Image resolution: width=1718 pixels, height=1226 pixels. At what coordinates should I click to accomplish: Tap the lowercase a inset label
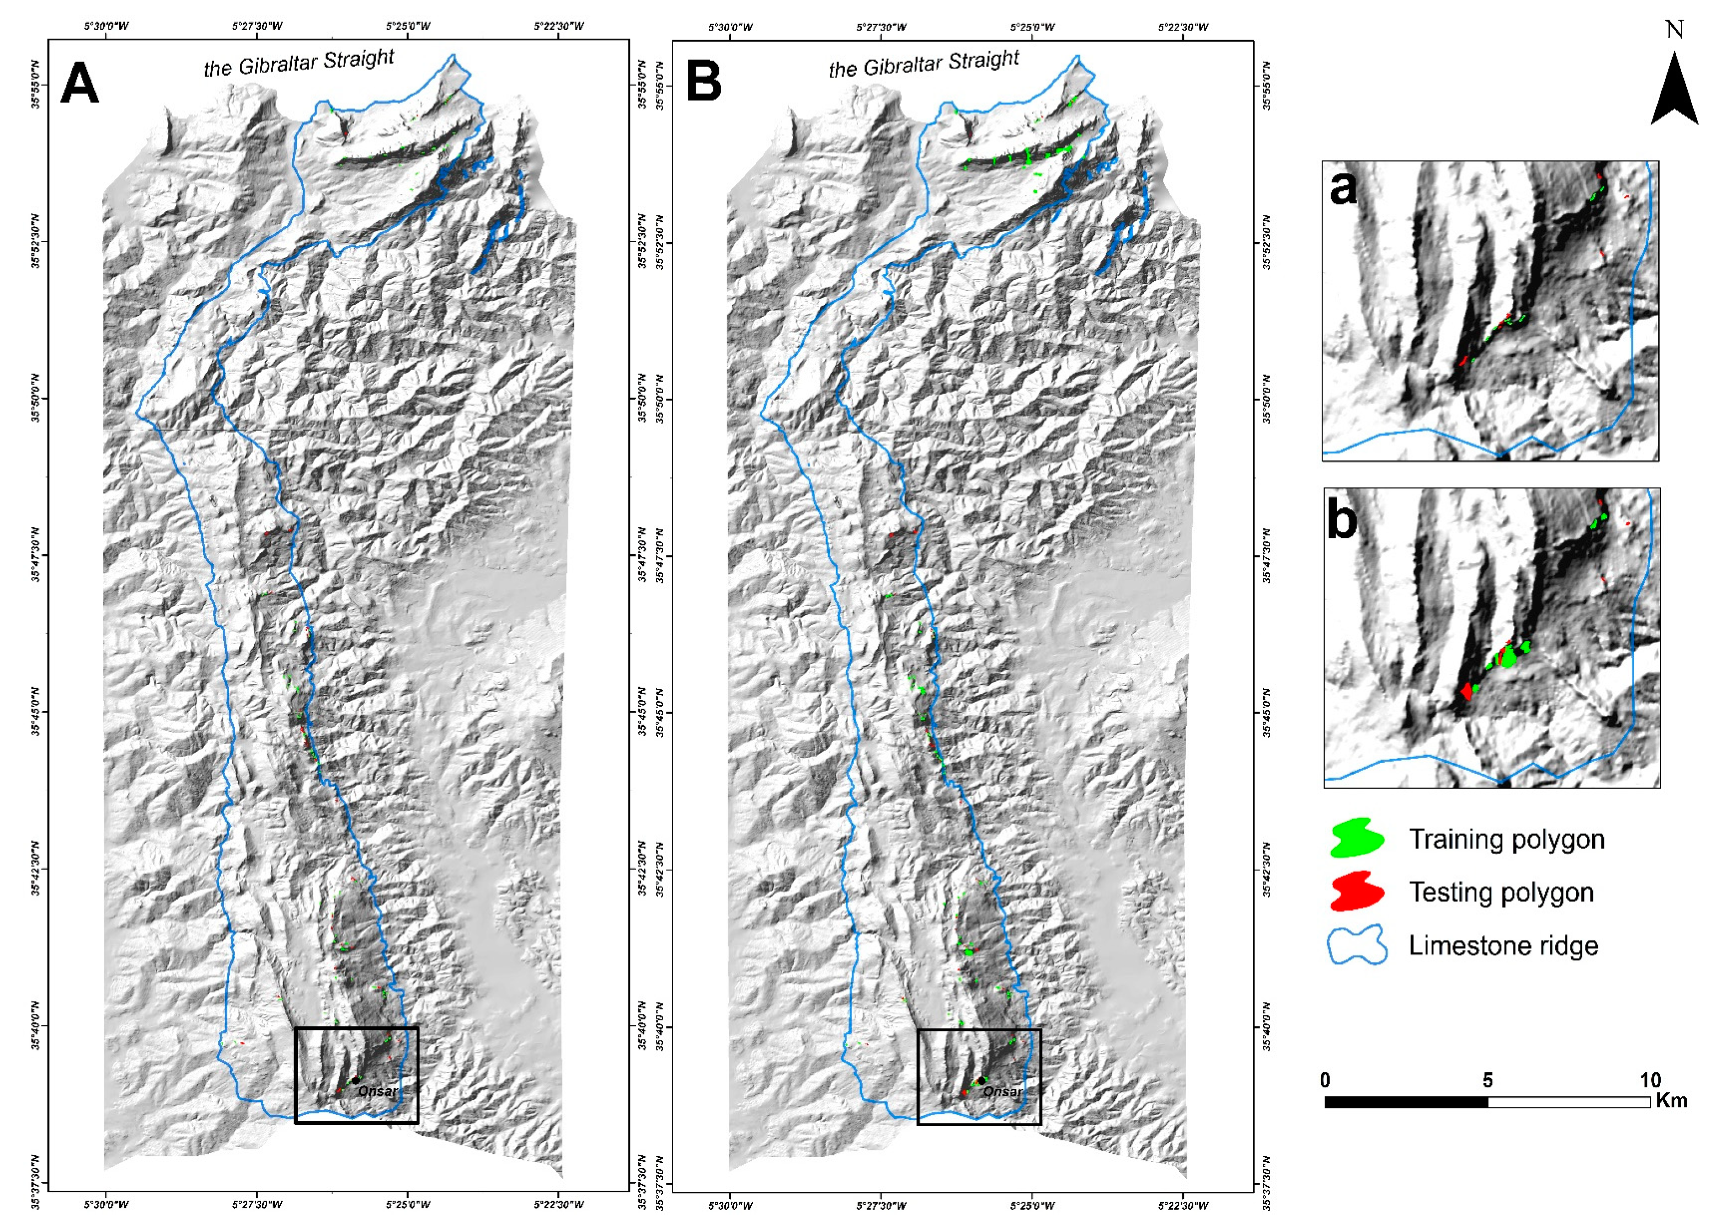(x=1343, y=186)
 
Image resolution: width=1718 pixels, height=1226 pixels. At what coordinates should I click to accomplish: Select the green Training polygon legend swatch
(x=1357, y=838)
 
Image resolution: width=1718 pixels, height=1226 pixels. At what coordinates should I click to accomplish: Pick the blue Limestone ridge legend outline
(x=1357, y=945)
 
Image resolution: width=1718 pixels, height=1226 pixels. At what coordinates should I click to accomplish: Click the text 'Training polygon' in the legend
(x=1507, y=839)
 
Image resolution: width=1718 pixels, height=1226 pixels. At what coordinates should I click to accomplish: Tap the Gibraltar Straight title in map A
(x=299, y=63)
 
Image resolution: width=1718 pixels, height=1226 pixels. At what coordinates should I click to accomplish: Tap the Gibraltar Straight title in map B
(x=924, y=64)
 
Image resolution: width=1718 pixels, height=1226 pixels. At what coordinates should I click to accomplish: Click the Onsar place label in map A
(x=377, y=1091)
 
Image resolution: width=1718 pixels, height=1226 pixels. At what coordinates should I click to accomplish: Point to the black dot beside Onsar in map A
(x=355, y=1081)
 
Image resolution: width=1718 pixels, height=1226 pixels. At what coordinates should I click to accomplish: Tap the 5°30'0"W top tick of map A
(x=106, y=27)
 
